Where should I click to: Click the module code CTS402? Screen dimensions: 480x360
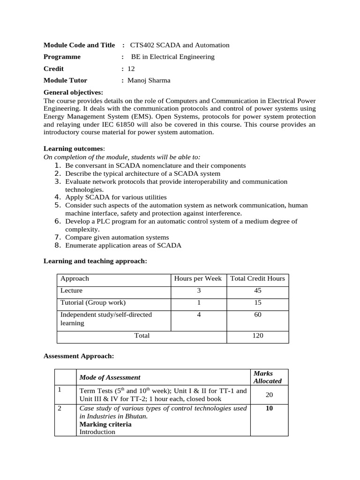pos(141,45)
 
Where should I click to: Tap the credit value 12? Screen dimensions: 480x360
pos(131,69)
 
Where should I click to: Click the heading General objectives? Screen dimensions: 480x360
pos(73,92)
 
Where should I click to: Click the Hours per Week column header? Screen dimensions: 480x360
pos(198,279)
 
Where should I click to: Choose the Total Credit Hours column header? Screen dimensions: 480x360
pos(257,279)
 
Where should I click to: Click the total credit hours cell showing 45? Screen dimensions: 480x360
pos(257,291)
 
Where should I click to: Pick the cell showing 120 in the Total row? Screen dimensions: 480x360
pos(257,336)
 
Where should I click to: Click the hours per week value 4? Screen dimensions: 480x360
pos(199,315)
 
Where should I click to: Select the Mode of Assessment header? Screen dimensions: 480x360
pos(110,377)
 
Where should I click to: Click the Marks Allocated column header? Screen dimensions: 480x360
pos(268,377)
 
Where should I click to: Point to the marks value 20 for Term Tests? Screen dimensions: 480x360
pos(269,395)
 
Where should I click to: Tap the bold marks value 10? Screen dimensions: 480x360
pos(269,408)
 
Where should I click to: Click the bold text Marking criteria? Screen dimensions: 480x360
pos(105,424)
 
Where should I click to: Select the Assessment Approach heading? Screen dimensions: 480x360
pos(79,356)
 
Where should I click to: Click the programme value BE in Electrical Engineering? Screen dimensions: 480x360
pos(172,57)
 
